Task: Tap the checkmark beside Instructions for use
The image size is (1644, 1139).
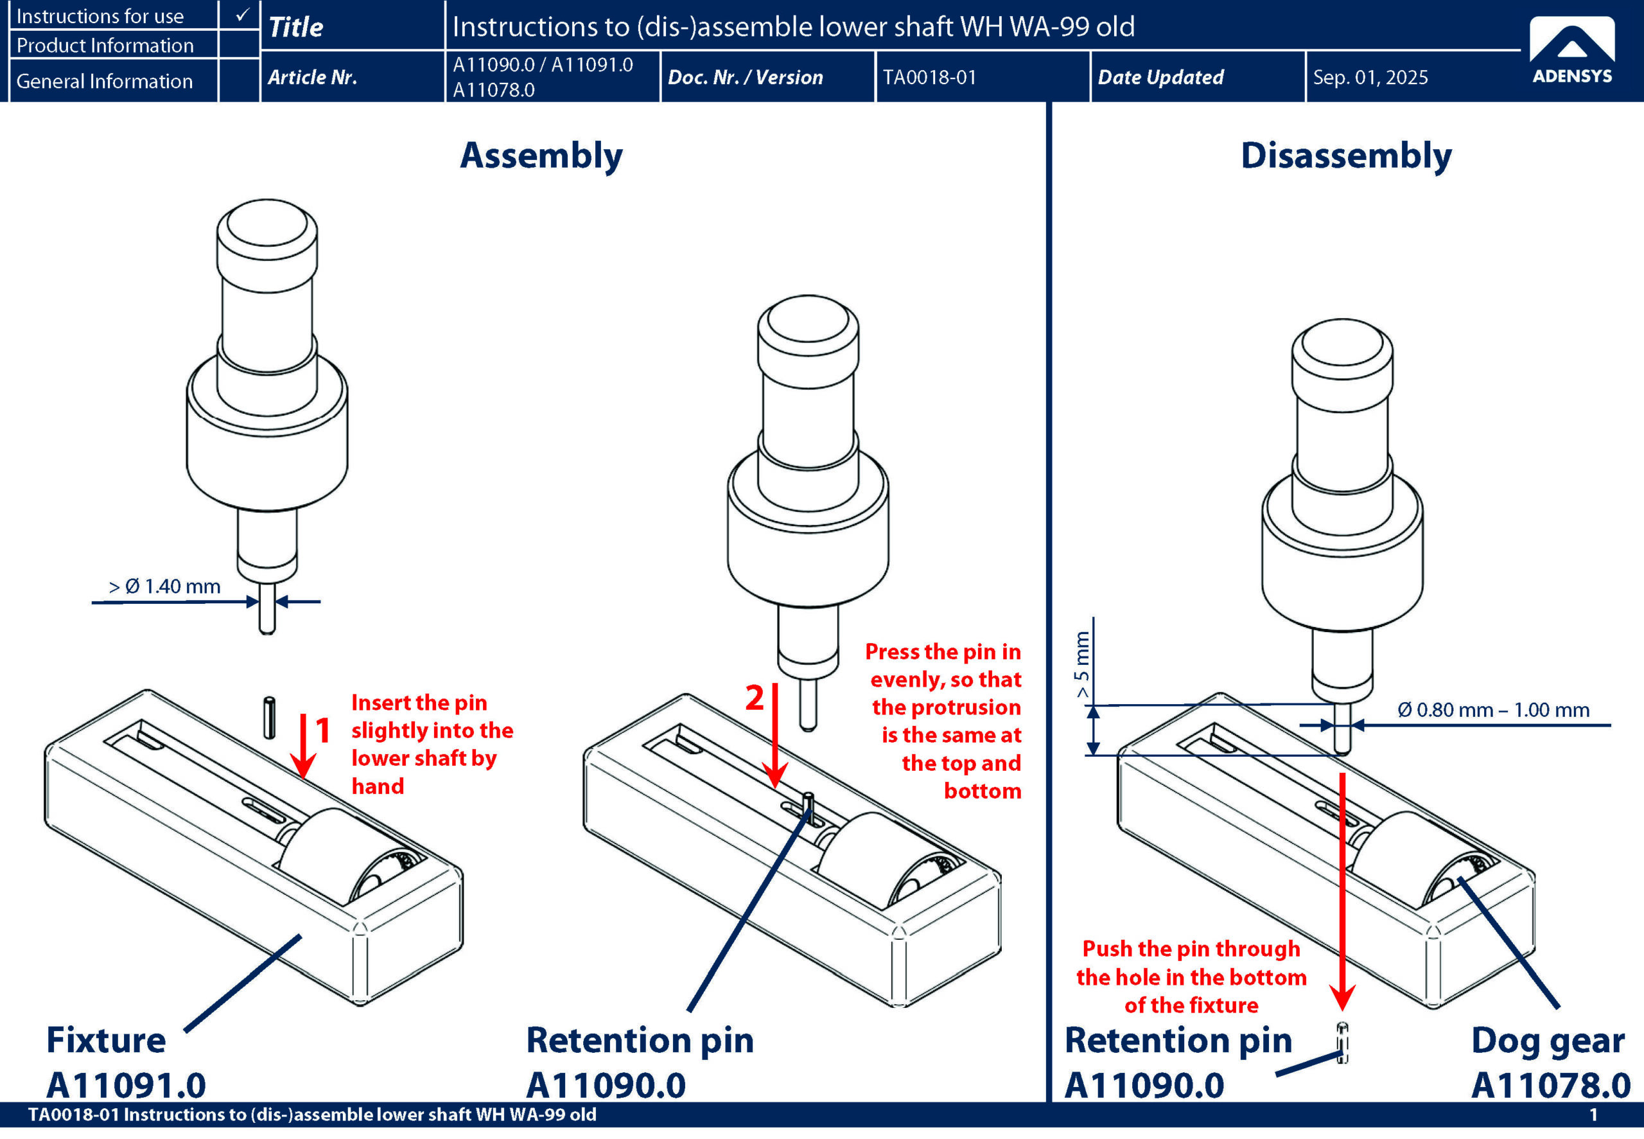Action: [x=242, y=15]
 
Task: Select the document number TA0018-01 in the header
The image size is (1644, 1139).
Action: [x=929, y=77]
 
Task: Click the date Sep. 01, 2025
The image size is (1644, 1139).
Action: [x=1370, y=77]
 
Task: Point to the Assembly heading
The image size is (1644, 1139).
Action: [x=541, y=155]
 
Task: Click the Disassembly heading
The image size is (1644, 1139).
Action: [x=1346, y=155]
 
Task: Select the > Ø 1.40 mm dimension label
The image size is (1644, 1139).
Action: [x=165, y=587]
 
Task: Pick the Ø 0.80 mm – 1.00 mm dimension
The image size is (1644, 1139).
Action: [x=1494, y=710]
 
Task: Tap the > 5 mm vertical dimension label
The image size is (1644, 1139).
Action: [x=1082, y=664]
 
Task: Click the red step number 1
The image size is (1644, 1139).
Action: [x=323, y=730]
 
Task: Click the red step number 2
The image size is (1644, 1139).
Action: [x=754, y=697]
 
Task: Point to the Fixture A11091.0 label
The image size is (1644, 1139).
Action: [x=125, y=1063]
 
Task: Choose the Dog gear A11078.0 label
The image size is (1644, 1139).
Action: [x=1550, y=1063]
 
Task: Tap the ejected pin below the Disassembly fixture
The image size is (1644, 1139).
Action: [x=1342, y=1043]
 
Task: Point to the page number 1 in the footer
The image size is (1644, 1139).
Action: [x=1593, y=1115]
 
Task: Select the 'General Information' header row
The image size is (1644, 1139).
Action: [x=105, y=82]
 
